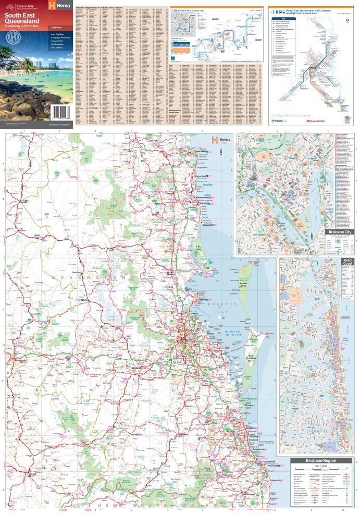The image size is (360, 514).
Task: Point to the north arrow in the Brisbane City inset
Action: pos(312,236)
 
